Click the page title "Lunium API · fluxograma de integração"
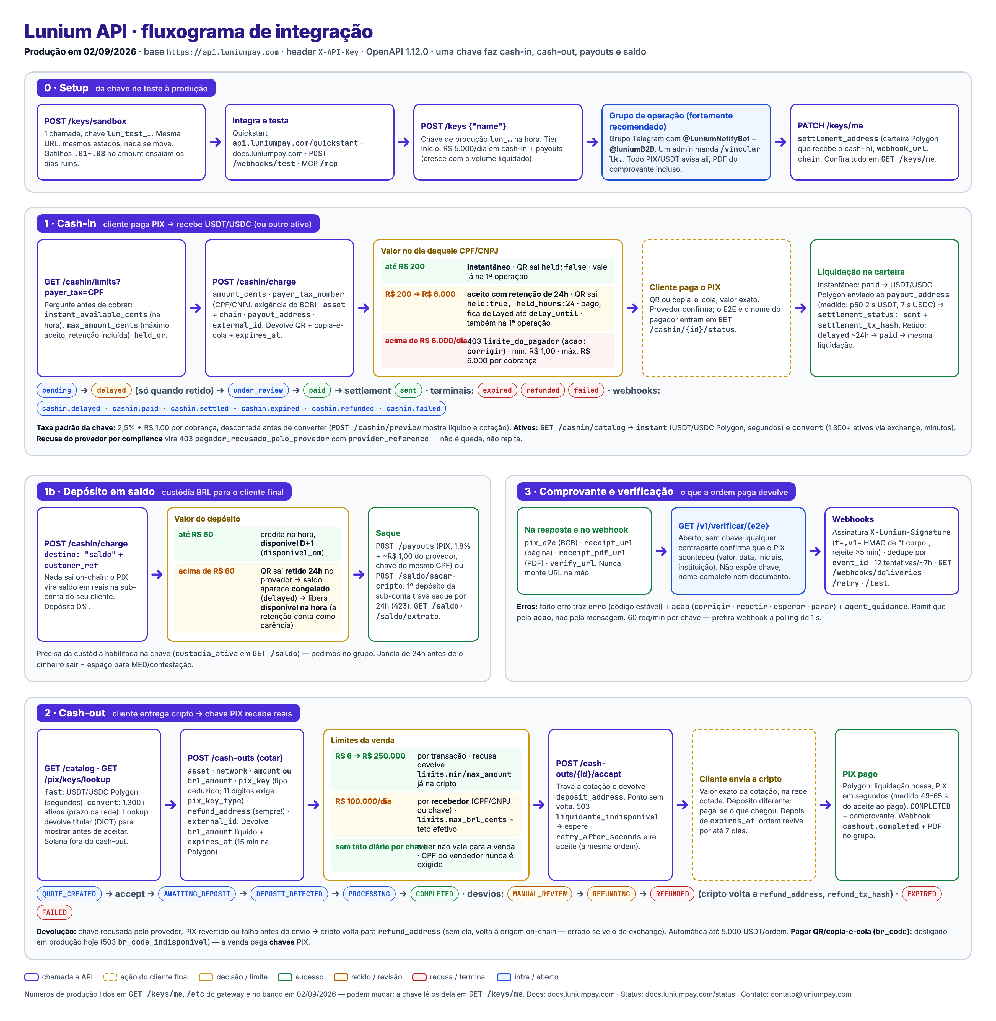coord(198,31)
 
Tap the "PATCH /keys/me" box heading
coord(830,126)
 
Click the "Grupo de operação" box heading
coord(671,121)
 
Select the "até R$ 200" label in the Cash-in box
coord(405,266)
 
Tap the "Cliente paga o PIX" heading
coord(685,287)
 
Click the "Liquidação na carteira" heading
coord(861,272)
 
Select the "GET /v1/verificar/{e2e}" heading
coord(723,526)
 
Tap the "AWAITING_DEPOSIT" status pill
coord(197,894)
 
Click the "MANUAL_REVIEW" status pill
coord(540,894)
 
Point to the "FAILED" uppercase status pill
coord(55,912)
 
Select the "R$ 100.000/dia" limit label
coord(363,801)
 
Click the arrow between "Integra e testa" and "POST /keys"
coord(404,142)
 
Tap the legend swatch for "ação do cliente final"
coord(110,977)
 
